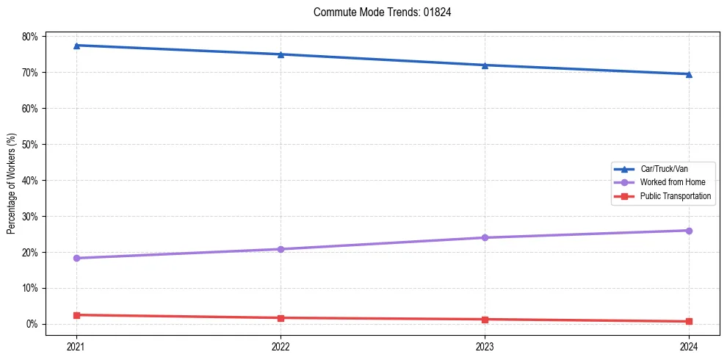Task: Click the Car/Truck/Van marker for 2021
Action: (x=76, y=46)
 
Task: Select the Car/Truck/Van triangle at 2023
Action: (x=485, y=65)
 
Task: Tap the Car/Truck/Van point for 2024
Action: (x=689, y=74)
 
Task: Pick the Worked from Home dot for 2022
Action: (x=281, y=249)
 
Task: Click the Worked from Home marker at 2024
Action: (x=689, y=231)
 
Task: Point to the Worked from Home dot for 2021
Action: (x=76, y=258)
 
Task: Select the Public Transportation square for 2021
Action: (x=76, y=315)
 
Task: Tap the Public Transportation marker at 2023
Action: (x=485, y=320)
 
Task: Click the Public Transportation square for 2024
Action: (x=689, y=321)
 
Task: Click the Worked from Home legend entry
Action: (x=672, y=182)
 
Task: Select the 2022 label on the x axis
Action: (x=281, y=345)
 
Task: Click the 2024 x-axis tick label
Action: (x=689, y=345)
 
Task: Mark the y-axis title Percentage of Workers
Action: (x=12, y=183)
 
